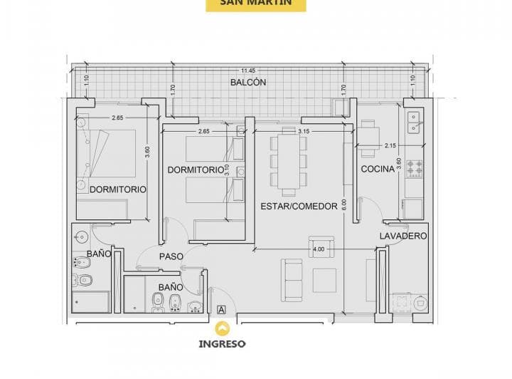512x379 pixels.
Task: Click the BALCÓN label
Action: coord(248,83)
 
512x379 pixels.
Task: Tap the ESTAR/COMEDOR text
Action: coord(299,207)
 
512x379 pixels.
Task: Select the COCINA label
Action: coord(378,169)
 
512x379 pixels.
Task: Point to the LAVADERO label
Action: coord(402,235)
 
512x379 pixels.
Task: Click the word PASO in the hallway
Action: coord(171,256)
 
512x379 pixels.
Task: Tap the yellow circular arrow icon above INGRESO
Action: coord(223,328)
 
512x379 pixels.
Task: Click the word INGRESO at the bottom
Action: coord(223,343)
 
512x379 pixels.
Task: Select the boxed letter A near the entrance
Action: coord(221,310)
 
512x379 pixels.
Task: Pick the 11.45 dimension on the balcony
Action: coord(248,71)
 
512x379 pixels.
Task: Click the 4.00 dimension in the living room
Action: coord(318,249)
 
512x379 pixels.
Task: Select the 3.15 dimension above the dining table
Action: coord(304,131)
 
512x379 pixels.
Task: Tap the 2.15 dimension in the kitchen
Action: coord(390,146)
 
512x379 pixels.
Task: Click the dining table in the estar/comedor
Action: coord(288,163)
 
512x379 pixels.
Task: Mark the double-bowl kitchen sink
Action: coord(413,122)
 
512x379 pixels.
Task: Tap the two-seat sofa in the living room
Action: coord(292,279)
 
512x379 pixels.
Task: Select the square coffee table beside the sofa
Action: coord(326,279)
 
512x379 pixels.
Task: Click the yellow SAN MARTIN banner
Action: coord(255,5)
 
